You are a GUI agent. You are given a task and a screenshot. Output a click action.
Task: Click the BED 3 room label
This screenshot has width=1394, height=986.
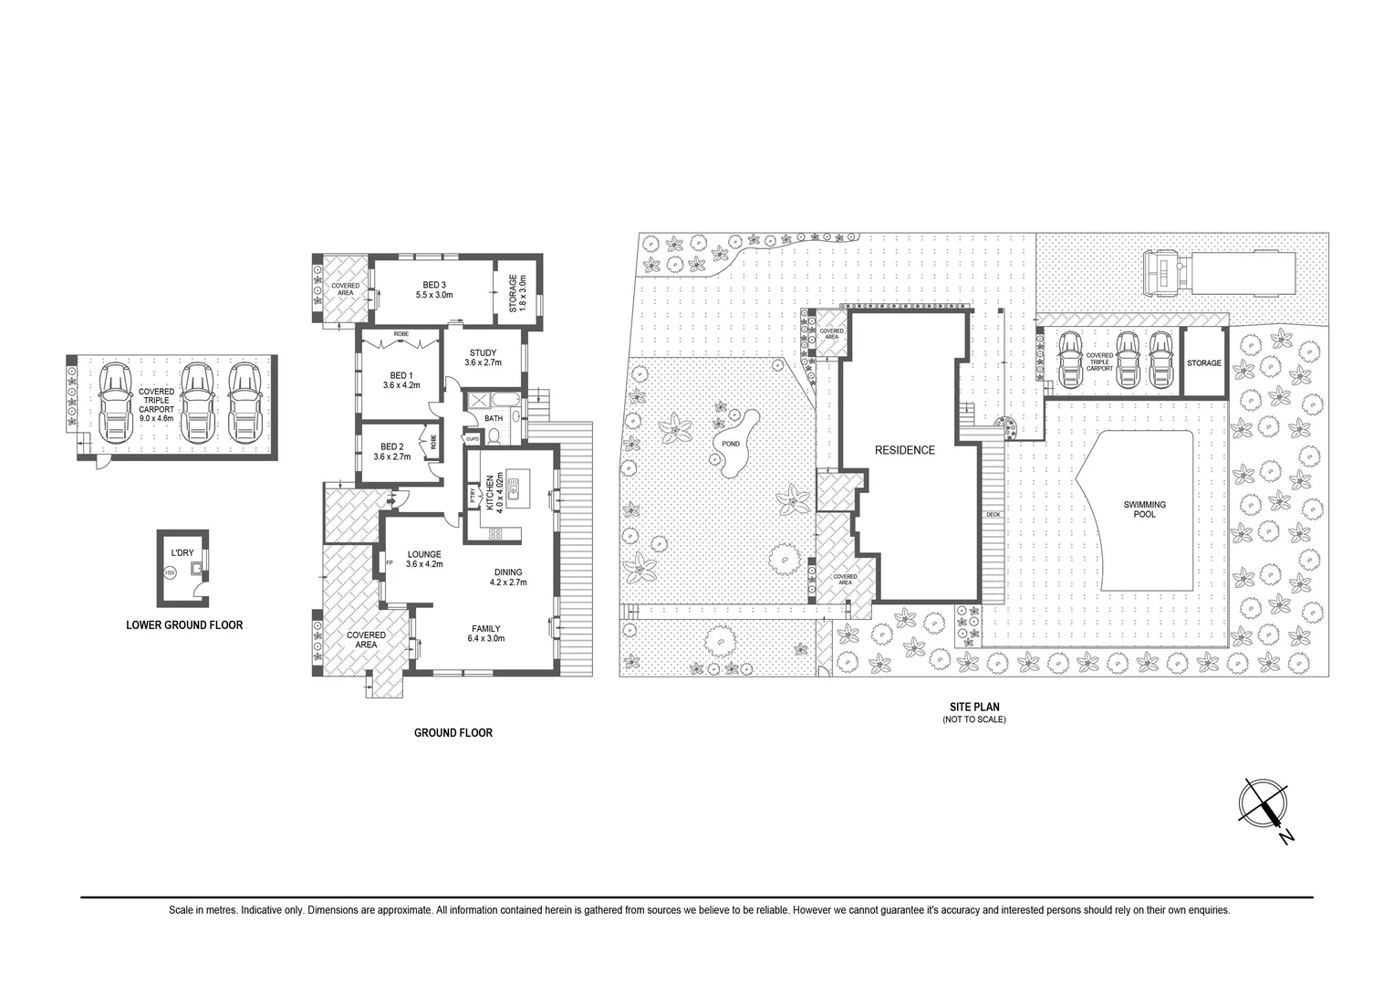click(x=434, y=284)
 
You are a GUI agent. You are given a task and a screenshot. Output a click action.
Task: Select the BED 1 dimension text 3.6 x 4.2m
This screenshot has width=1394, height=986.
click(x=401, y=385)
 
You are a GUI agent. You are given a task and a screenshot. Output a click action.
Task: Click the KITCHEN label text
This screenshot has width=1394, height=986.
click(x=490, y=492)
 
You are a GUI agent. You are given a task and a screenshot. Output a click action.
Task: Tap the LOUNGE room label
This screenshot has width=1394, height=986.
click(x=423, y=554)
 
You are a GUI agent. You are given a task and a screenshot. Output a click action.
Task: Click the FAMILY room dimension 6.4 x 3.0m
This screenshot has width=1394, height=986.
click(x=484, y=638)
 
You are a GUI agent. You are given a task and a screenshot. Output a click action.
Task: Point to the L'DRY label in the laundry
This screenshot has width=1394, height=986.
click(x=182, y=553)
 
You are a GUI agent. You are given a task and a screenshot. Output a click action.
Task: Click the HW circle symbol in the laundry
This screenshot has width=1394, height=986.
click(x=170, y=573)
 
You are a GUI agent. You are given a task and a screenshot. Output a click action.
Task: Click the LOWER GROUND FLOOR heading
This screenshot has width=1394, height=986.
click(x=183, y=625)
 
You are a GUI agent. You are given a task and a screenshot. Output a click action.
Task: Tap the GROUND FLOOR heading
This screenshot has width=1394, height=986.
click(x=453, y=732)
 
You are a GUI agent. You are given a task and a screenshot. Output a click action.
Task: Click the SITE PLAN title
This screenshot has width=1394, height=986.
click(x=973, y=707)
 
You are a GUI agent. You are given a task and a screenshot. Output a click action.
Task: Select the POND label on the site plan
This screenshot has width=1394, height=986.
click(x=731, y=444)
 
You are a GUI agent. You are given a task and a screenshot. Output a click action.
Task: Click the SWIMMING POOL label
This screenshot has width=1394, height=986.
click(x=1144, y=509)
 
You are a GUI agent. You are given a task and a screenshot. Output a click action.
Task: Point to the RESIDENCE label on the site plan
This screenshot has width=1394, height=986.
click(x=904, y=450)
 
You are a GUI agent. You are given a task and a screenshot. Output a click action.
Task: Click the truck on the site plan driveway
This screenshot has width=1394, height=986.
click(x=1219, y=273)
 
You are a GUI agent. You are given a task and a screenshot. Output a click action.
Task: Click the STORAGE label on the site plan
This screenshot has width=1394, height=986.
click(x=1203, y=363)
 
